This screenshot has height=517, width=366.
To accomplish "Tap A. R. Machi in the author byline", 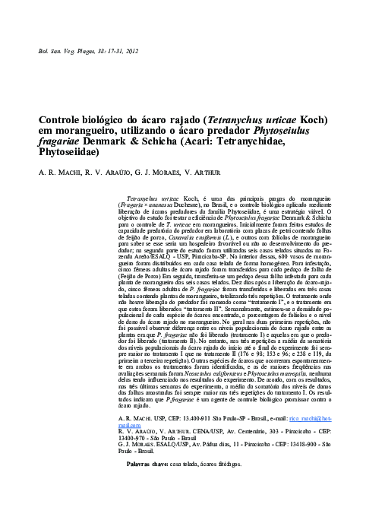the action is [58, 172].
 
